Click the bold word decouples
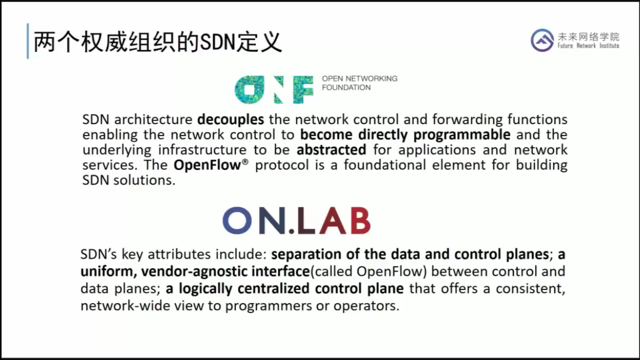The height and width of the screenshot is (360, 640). [x=230, y=120]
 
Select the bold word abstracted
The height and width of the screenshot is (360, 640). [x=331, y=150]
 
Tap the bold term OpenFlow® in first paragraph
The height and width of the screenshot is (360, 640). [x=210, y=165]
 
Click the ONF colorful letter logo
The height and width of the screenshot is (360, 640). [x=274, y=89]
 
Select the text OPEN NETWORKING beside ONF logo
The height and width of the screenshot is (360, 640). [x=359, y=78]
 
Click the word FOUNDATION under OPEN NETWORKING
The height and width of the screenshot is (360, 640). [x=346, y=87]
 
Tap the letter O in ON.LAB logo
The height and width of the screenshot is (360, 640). [x=237, y=220]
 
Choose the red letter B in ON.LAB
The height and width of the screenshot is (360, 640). [x=360, y=220]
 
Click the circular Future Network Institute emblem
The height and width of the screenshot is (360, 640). [x=542, y=40]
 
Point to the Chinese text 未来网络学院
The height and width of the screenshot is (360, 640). [x=588, y=36]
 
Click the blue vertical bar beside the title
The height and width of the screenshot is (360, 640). [x=28, y=41]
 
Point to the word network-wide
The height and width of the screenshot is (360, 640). [x=125, y=306]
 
